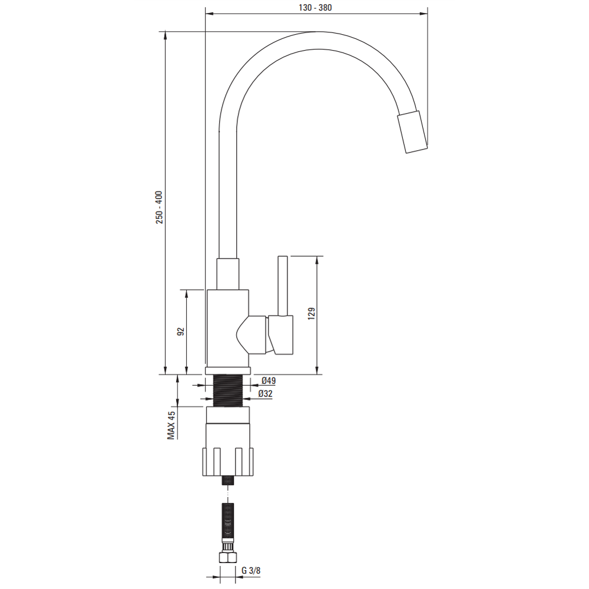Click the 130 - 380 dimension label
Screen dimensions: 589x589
click(x=315, y=8)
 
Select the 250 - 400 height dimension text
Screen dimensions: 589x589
click(x=160, y=207)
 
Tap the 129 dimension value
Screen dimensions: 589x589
click(x=312, y=314)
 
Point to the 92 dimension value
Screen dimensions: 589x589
click(x=181, y=331)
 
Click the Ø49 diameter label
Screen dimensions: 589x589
click(x=269, y=380)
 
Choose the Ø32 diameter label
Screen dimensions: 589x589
click(x=265, y=393)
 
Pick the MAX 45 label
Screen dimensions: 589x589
click(x=171, y=425)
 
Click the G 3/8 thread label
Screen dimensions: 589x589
click(x=251, y=571)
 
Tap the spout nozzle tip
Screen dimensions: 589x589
click(x=412, y=132)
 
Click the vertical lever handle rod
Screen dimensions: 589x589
click(x=283, y=286)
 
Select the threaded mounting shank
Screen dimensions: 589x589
click(x=228, y=391)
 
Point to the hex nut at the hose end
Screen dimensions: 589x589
click(x=227, y=557)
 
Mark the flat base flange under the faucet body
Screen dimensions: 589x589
click(x=228, y=371)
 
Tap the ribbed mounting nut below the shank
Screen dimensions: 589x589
click(x=228, y=462)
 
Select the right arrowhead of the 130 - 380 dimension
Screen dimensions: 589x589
click(x=423, y=14)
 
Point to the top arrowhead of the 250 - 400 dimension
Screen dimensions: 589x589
click(x=166, y=35)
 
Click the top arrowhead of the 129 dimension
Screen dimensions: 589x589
click(x=318, y=260)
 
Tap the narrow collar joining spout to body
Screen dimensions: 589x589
click(x=227, y=274)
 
